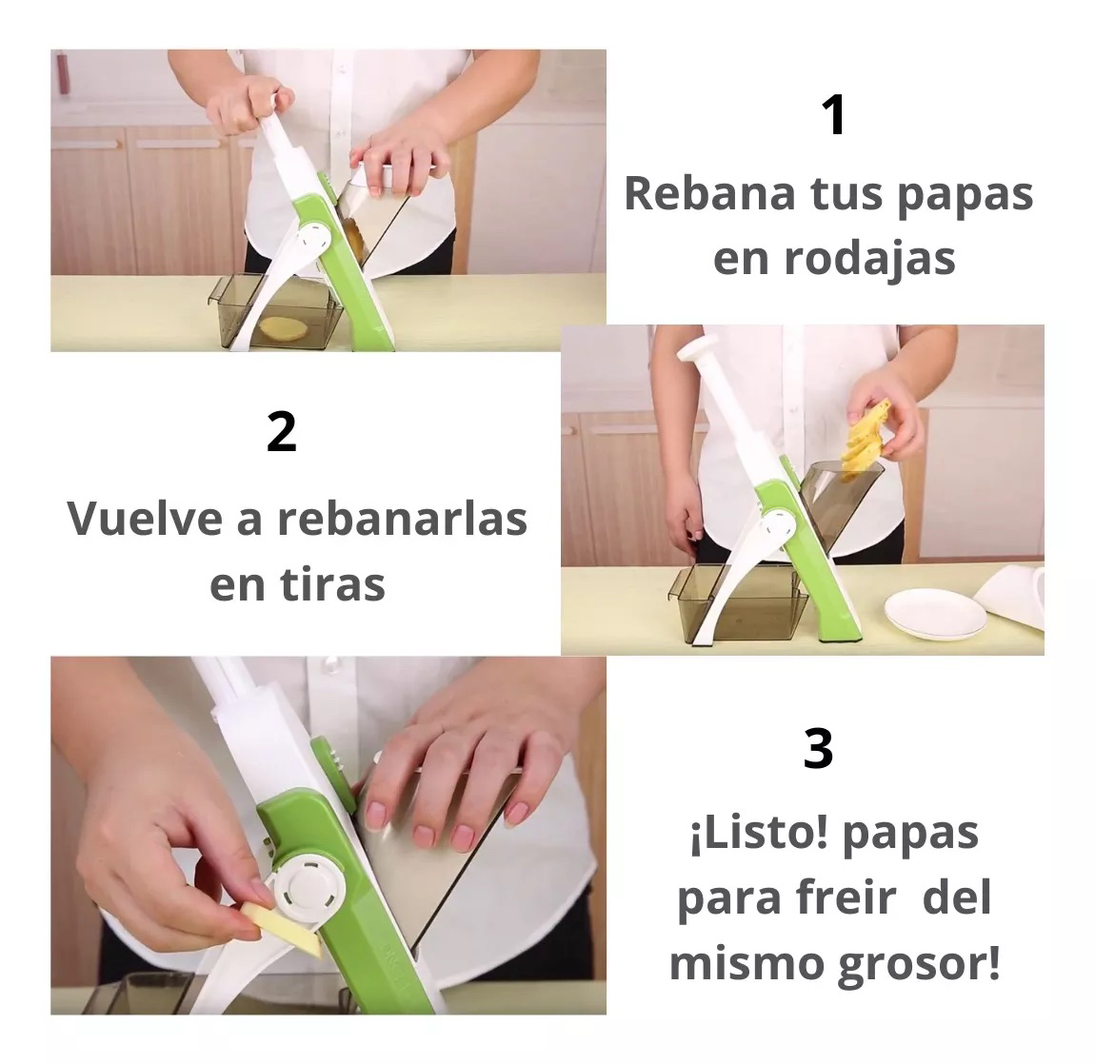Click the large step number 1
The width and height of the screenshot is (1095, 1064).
click(834, 115)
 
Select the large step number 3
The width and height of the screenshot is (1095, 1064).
click(819, 748)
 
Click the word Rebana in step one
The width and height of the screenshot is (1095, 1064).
click(709, 193)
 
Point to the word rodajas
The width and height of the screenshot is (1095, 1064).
click(869, 259)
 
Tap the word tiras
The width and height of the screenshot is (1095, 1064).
click(332, 584)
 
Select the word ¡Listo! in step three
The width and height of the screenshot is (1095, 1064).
click(760, 835)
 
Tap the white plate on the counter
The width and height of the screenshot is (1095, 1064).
click(936, 614)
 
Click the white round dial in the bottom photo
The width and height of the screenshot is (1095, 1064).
click(309, 889)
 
